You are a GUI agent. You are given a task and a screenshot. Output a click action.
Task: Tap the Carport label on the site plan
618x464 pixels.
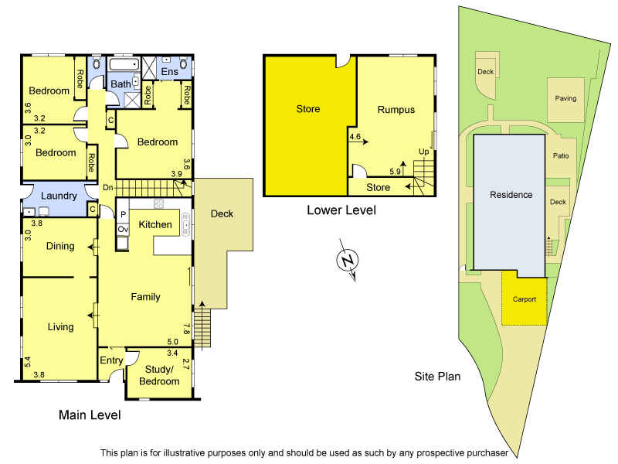tap(524, 299)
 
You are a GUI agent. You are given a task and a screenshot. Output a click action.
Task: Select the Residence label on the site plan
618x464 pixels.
tap(511, 195)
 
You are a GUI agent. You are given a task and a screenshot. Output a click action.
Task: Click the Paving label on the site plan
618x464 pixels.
tap(565, 99)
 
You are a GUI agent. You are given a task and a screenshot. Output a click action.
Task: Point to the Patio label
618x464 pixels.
tap(561, 155)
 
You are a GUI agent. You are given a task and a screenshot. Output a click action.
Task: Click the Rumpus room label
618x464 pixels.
tap(396, 110)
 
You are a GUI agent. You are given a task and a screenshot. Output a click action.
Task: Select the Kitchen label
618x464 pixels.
tap(155, 224)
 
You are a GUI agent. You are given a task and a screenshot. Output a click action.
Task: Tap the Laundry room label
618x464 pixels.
tap(58, 196)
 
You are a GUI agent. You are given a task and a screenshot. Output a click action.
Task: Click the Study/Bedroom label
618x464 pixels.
tap(158, 376)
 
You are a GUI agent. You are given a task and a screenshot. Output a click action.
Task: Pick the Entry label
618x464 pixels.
tap(111, 360)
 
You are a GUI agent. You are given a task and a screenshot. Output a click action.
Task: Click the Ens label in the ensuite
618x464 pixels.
tap(170, 72)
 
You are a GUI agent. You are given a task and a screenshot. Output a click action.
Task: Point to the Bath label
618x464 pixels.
tap(121, 84)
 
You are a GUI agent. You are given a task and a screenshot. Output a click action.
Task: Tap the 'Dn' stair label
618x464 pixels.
tap(108, 188)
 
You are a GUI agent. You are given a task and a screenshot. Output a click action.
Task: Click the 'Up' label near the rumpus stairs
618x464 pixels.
tap(423, 152)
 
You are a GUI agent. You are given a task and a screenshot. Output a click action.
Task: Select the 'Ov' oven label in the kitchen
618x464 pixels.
tap(122, 230)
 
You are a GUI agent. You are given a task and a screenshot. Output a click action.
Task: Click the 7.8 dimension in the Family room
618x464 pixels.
tap(186, 328)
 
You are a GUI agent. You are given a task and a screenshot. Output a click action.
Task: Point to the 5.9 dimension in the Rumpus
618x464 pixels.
tap(396, 171)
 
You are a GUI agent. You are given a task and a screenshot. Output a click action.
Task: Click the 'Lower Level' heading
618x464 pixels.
tap(341, 210)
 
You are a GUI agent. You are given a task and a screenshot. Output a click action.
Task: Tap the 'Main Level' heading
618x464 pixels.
tap(90, 415)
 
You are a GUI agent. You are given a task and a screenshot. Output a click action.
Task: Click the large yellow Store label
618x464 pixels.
tap(308, 109)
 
